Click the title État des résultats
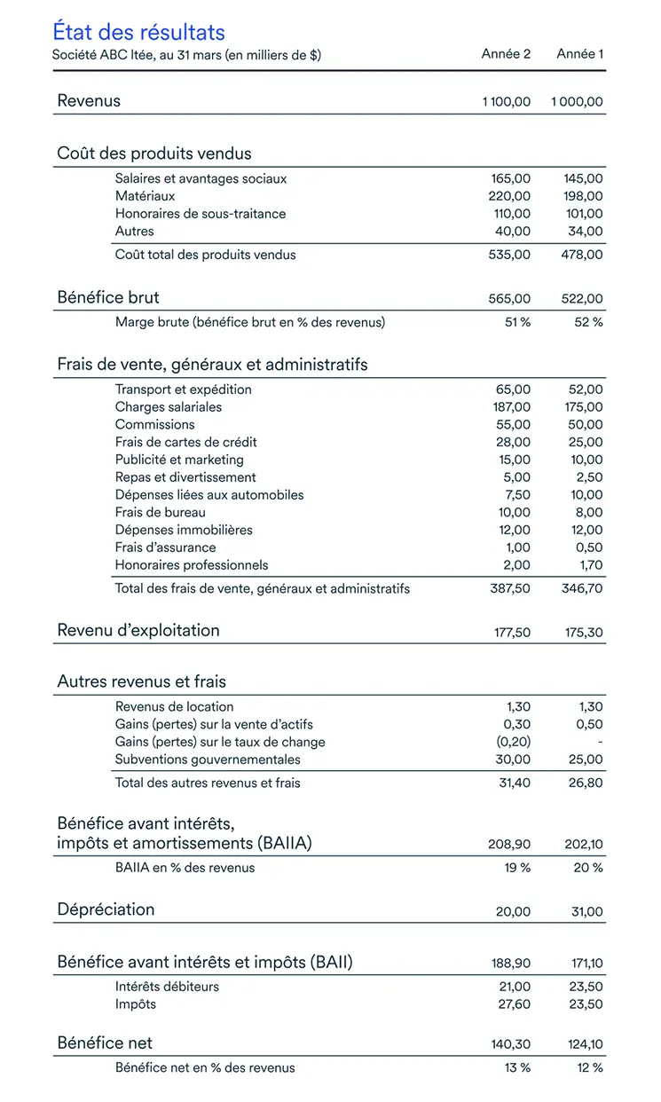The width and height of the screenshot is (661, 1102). pos(138,32)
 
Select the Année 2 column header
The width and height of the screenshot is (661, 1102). pos(506,54)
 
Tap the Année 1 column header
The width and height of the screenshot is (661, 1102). pos(579,54)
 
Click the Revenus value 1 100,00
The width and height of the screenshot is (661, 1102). pos(506,102)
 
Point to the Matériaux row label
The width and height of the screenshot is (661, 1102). pos(145,196)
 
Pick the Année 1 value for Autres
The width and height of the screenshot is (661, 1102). pos(585,232)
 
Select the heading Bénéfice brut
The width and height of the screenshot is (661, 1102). pos(108,297)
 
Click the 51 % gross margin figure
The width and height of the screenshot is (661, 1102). pos(517,322)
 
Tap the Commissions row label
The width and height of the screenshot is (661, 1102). pos(154,424)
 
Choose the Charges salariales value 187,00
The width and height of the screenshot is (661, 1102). pos(510,407)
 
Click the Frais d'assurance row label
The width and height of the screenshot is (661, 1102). pos(165,547)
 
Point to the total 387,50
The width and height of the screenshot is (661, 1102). pos(510,588)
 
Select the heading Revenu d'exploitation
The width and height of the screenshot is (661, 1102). pos(138,631)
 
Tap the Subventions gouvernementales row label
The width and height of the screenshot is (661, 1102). pos(208,760)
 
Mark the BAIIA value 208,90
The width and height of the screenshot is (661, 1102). pos(509,845)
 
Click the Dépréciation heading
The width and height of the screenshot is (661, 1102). pos(106,910)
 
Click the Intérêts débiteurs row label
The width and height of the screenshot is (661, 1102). pos(167,987)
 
